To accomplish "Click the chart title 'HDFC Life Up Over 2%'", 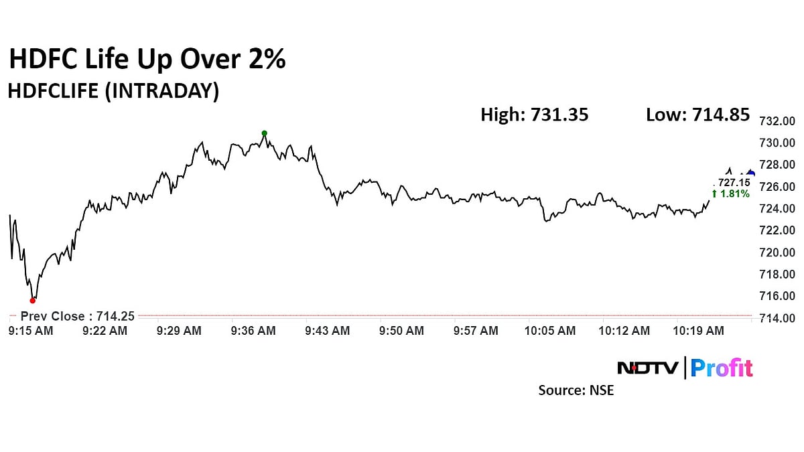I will [147, 60].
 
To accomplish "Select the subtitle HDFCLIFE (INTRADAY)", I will [113, 91].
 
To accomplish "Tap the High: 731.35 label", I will [534, 115].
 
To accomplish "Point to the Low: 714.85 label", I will [697, 115].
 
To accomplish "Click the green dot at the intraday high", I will [264, 133].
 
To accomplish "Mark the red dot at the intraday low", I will [33, 301].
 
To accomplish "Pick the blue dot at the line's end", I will [750, 173].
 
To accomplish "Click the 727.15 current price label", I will [733, 183].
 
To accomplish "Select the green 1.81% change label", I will [730, 194].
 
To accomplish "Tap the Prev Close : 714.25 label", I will [77, 316].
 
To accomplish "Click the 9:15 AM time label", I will [31, 331].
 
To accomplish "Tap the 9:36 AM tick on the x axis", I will [253, 331].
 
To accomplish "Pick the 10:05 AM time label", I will [549, 331].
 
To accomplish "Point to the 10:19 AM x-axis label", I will [698, 331].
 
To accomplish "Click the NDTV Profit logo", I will [684, 368].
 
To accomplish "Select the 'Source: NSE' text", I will [576, 390].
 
